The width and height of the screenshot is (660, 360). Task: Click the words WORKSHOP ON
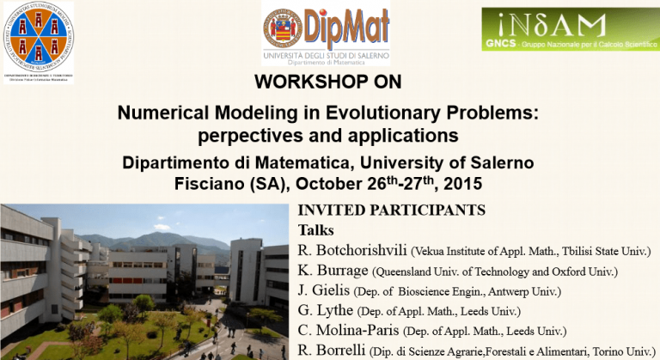tap(328, 82)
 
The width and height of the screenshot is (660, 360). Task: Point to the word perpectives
tap(247, 136)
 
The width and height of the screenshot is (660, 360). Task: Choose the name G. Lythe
tap(325, 311)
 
